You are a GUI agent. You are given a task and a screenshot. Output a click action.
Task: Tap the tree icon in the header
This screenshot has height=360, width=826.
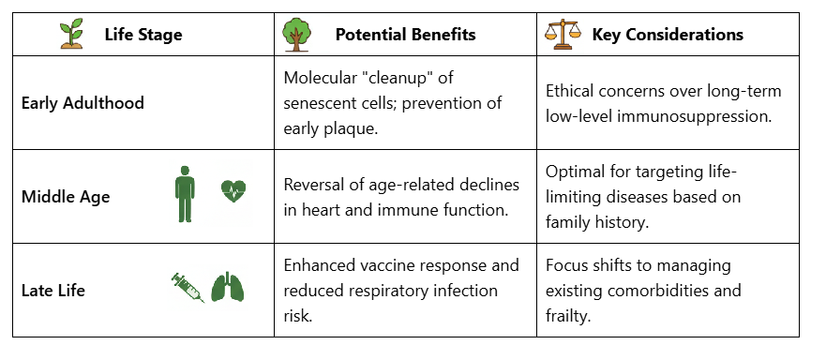pos(296,35)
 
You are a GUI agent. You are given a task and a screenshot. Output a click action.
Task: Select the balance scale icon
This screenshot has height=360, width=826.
pos(560,35)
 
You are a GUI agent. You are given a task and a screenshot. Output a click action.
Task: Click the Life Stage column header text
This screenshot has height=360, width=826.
pos(143,36)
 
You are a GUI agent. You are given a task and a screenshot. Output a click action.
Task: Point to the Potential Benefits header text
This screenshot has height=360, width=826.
pos(405,36)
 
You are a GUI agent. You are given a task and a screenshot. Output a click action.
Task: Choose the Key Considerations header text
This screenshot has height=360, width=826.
pos(668,36)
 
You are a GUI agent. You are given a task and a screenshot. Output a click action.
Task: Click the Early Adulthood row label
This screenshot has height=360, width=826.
pos(83,103)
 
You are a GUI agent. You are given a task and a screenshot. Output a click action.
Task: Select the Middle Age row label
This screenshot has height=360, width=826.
pos(66,197)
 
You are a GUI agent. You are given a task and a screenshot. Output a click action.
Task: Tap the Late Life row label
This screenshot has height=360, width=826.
pos(53,291)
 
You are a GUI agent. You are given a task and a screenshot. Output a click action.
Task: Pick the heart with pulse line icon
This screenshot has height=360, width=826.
pos(233,192)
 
